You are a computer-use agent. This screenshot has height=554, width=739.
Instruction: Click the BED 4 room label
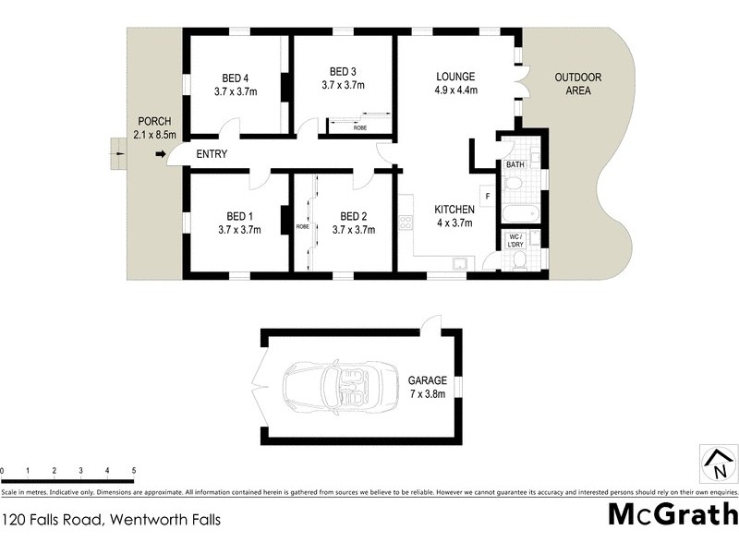235,78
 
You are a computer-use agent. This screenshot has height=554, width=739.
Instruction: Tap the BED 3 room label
343,71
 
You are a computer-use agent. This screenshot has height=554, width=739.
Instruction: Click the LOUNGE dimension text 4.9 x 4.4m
455,90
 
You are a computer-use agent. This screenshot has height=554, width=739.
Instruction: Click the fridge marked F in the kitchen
488,196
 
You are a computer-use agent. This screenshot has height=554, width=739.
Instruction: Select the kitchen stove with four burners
405,222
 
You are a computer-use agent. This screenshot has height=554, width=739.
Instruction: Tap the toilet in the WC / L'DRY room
518,262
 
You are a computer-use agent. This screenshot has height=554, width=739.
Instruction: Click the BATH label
514,164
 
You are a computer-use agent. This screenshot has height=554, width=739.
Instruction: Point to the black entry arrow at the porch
160,153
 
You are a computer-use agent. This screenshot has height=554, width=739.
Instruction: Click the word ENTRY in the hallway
212,153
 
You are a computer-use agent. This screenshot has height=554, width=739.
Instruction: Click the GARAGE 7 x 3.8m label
427,386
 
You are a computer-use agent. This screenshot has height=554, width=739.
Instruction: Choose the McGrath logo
672,513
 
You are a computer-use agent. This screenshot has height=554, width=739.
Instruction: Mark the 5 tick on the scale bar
134,471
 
